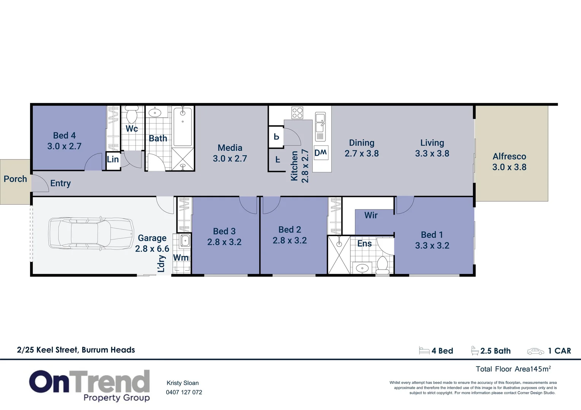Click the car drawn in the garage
point(91,234)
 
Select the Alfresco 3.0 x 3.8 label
point(509,162)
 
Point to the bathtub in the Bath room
point(183,126)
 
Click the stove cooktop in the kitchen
point(297,113)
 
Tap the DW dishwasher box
point(321,153)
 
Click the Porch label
point(15,179)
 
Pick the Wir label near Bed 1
point(371,215)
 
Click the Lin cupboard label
point(113,159)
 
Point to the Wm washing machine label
point(181,258)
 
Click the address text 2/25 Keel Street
point(76,350)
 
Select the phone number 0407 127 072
point(184,392)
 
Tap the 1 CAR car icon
point(535,351)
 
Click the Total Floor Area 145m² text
point(513,369)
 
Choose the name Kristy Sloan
point(183,383)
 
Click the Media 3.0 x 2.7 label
point(230,153)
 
